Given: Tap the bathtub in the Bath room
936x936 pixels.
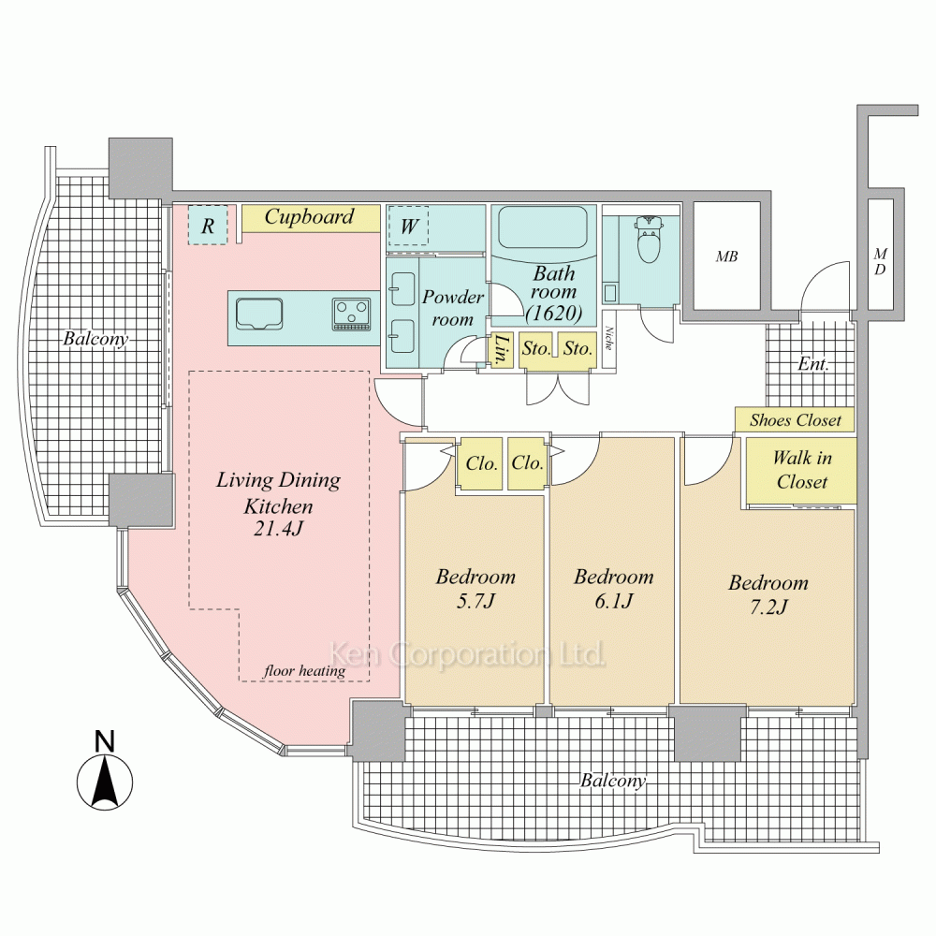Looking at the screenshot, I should tap(542, 227).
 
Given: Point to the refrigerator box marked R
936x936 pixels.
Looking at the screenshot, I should tap(208, 226).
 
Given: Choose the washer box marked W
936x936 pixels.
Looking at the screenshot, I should tap(409, 226).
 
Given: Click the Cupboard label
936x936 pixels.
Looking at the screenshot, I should tap(310, 217).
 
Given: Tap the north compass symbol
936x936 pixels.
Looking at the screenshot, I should tap(105, 780).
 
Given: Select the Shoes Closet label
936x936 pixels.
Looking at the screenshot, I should tap(796, 420).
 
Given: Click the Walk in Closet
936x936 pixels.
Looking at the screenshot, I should tap(800, 470).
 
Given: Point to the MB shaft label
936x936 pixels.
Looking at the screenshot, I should tap(726, 256).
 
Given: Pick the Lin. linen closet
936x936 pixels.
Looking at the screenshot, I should tap(502, 349).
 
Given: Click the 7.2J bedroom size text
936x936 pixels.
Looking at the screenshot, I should tap(768, 607).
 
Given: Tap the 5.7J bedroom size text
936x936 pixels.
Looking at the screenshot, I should tap(475, 600).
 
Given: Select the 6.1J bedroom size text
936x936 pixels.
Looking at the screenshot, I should tap(613, 600).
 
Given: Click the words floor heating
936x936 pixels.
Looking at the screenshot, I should tap(304, 670).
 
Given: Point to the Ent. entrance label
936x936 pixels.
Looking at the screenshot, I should tap(813, 364).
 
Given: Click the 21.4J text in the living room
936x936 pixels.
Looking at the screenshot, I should tap(279, 530).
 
